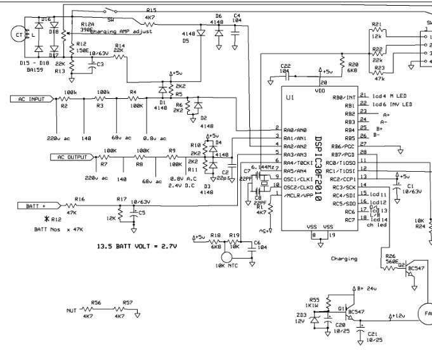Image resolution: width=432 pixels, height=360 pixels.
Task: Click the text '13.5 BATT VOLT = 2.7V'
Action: point(136,245)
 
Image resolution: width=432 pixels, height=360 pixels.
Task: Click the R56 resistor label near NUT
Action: point(96,303)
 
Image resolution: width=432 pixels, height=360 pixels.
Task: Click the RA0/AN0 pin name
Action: point(296,129)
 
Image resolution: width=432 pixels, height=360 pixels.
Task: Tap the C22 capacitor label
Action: point(285,66)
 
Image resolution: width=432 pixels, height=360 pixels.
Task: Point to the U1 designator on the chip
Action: point(291,98)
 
